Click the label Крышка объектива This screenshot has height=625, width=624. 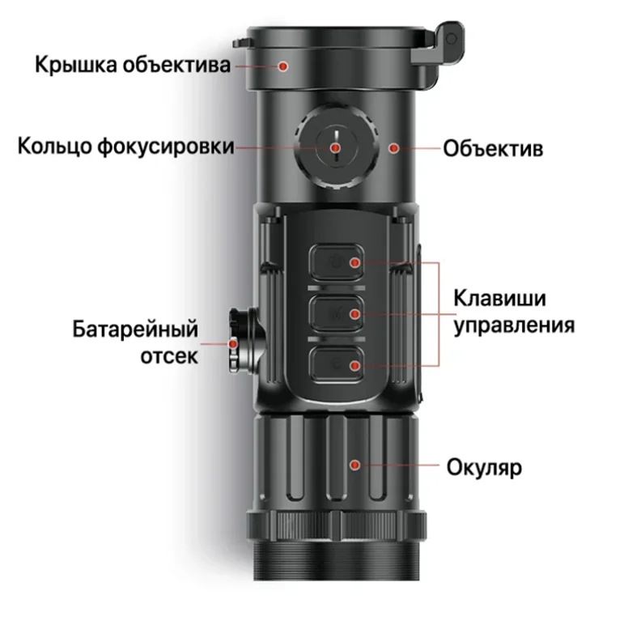click(x=133, y=65)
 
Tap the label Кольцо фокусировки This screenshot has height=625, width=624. click(x=126, y=147)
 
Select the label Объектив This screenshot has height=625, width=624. click(x=493, y=148)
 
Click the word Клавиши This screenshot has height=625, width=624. click(x=499, y=298)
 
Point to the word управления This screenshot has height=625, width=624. click(x=515, y=325)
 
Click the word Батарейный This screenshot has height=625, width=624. click(x=135, y=330)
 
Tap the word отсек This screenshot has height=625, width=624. click(x=169, y=355)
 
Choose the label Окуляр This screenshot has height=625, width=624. click(x=484, y=467)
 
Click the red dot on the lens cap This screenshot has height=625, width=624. click(x=283, y=66)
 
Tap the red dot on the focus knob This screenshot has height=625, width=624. click(x=336, y=148)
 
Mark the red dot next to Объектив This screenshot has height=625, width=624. click(x=394, y=148)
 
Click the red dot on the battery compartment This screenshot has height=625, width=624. click(x=233, y=343)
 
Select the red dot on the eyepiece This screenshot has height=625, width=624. click(x=354, y=465)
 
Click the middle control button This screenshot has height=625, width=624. click(x=337, y=313)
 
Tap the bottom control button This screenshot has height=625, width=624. click(x=337, y=365)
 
